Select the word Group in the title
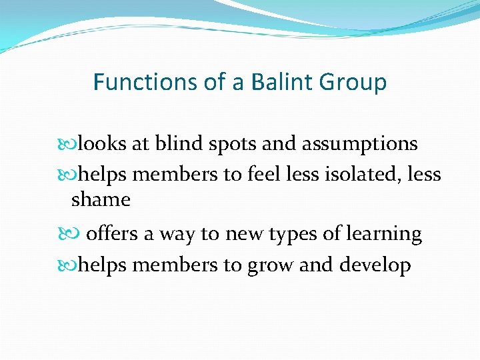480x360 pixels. click(353, 83)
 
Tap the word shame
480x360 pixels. click(101, 199)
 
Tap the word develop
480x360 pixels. click(375, 266)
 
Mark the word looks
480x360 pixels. click(101, 143)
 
